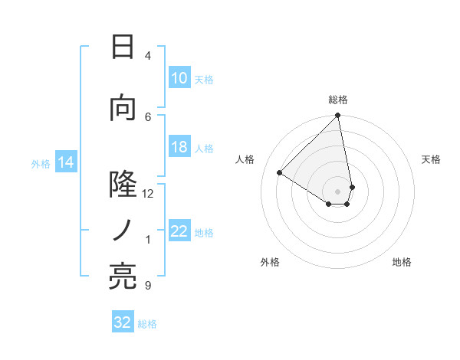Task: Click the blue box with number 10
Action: (179, 78)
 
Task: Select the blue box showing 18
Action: (179, 147)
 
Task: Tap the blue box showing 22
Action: (179, 231)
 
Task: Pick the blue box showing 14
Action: (65, 162)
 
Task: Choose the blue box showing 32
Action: (123, 322)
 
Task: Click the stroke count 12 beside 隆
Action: (148, 193)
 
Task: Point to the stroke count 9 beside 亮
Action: (148, 286)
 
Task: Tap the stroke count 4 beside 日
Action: (148, 55)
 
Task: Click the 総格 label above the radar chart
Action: (337, 100)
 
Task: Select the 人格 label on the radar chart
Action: (245, 159)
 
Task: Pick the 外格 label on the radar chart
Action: (270, 262)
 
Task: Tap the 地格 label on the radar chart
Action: (402, 262)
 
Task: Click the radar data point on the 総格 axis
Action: (337, 116)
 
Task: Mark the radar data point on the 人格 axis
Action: (280, 172)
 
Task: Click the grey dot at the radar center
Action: (337, 191)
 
